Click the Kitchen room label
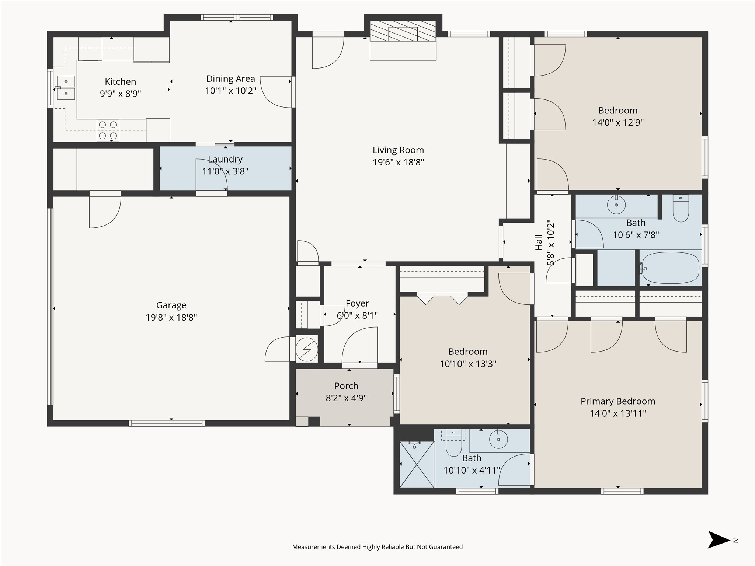pos(120,81)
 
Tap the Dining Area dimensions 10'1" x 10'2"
pos(230,91)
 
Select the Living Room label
pos(398,150)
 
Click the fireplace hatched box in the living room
pos(403,31)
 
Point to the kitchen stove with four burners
pos(108,130)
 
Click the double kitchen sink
pos(66,88)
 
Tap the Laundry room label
pos(225,159)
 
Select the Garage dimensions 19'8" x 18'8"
pos(171,317)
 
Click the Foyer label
pos(357,303)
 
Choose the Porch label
pos(346,386)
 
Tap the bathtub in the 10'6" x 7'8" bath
pos(669,268)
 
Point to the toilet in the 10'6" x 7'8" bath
pos(681,208)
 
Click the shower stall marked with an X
pos(417,464)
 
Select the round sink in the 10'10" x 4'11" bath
pos(498,439)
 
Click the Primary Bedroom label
pos(618,401)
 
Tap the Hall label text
pos(539,242)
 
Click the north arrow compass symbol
pos(719,540)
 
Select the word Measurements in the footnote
pos(313,547)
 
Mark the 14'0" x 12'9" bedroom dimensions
pos(618,122)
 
